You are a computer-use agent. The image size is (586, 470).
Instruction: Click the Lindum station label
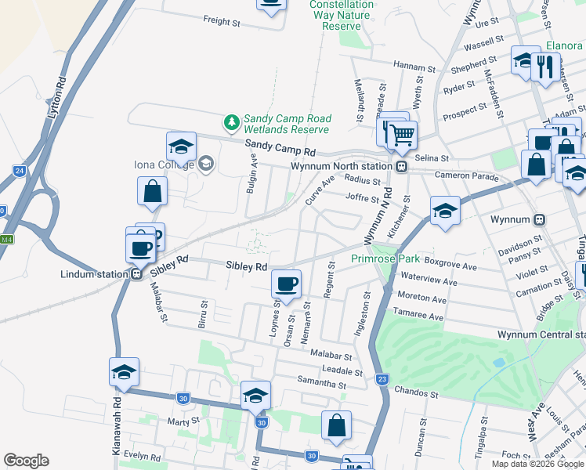click(94, 274)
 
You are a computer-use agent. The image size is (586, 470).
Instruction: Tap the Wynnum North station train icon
click(401, 167)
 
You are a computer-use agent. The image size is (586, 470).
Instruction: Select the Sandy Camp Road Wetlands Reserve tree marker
click(231, 122)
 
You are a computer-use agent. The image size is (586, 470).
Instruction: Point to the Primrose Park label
click(385, 258)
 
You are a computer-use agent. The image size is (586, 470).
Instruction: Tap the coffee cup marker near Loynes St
click(286, 284)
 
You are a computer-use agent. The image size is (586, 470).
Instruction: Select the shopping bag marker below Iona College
click(152, 191)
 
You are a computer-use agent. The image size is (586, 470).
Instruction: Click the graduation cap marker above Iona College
click(181, 146)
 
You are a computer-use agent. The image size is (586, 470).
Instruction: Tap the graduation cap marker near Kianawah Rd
click(123, 372)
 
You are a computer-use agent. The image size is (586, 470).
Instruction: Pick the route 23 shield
click(382, 380)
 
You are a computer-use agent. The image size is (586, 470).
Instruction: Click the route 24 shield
click(20, 170)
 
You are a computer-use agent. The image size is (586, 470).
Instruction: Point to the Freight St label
click(221, 22)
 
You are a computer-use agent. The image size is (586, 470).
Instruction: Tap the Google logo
click(27, 461)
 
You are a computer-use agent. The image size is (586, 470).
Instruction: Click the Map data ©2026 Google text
click(537, 464)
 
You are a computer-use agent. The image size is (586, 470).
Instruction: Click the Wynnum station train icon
click(539, 220)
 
